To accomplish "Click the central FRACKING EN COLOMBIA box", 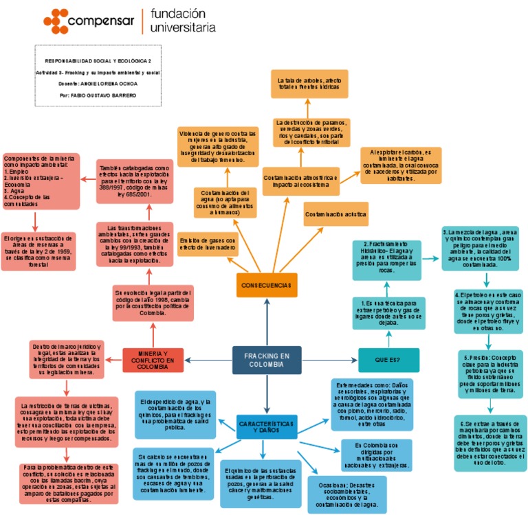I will (267, 359).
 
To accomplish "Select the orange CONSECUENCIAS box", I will (266, 284).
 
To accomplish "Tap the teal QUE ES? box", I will (388, 360).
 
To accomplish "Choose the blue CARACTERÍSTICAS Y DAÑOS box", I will (267, 426).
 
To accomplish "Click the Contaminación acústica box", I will (336, 214).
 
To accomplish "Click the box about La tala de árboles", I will (308, 85).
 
